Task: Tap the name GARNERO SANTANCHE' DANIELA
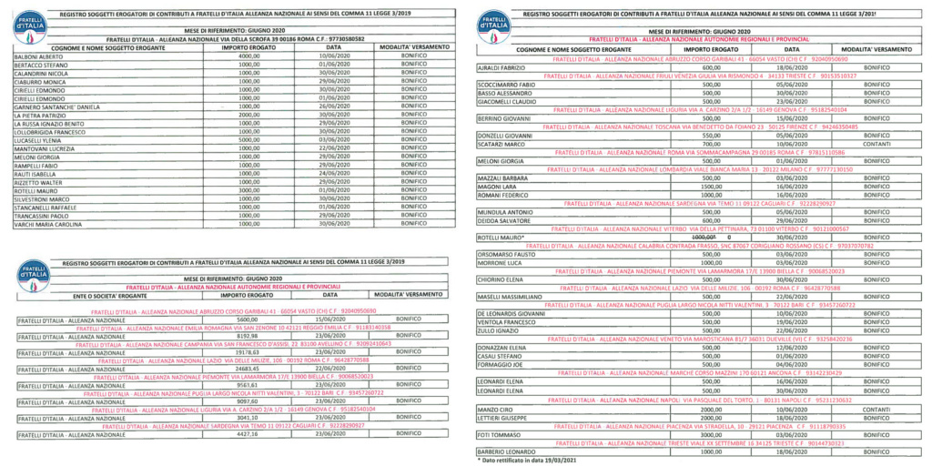coord(56,106)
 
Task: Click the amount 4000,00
coord(248,56)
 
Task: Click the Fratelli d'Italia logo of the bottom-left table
coord(34,275)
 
